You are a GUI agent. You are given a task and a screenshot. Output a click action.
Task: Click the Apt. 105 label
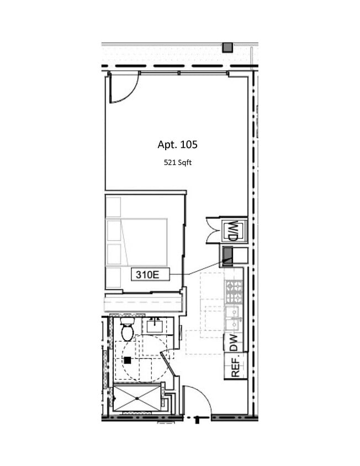[177, 145]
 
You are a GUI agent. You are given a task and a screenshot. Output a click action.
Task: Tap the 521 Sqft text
[177, 162]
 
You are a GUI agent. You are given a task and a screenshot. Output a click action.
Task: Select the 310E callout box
[150, 274]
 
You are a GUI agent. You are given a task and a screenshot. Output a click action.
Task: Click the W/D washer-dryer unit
[233, 230]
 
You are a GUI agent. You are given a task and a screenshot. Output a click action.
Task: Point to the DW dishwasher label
[234, 343]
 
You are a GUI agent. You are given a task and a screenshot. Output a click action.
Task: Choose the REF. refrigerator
[235, 366]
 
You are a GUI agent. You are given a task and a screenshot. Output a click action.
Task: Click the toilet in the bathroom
[127, 330]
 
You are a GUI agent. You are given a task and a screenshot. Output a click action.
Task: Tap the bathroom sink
[154, 326]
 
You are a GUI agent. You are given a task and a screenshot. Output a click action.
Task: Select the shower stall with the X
[136, 398]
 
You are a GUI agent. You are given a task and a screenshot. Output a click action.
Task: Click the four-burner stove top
[234, 292]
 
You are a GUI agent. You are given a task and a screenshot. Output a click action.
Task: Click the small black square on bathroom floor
[128, 360]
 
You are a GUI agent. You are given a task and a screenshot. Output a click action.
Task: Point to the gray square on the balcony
[227, 47]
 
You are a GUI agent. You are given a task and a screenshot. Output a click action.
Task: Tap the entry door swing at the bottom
[198, 400]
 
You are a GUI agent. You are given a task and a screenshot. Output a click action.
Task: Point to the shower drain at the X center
[136, 398]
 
